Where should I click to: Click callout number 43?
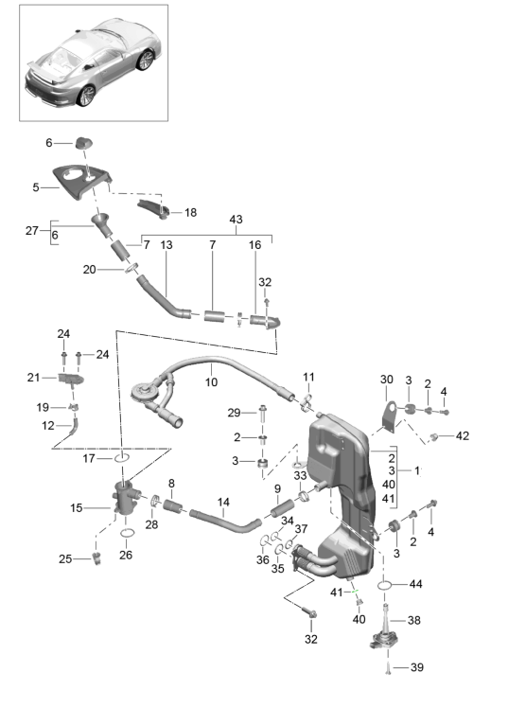pos(236,220)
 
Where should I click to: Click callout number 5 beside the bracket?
pos(35,187)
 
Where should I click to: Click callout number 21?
pos(34,378)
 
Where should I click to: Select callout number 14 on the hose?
pos(224,502)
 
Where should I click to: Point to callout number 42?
pos(462,436)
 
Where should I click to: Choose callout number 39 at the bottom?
pos(416,668)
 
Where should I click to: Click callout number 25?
pos(65,559)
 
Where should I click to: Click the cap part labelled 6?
pos(85,143)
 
